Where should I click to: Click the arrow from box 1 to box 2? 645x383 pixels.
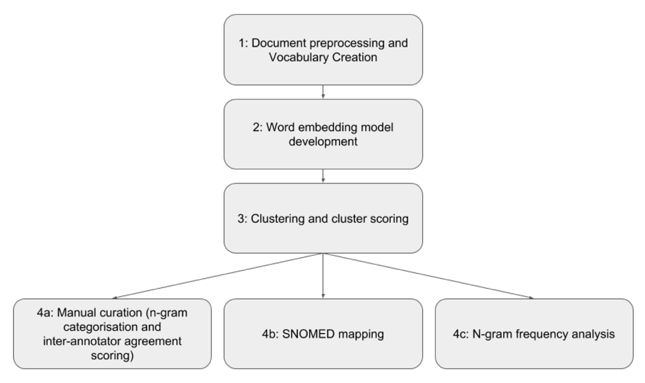pos(323,92)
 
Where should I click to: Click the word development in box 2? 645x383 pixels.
pos(323,141)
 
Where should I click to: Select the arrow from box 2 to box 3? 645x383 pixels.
pos(323,176)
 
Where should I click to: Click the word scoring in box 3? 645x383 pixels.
pos(389,219)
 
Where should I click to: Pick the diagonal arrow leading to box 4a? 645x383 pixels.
pos(217,276)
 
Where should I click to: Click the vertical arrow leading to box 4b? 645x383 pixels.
pos(323,276)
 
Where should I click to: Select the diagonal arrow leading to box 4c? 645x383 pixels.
pos(429,276)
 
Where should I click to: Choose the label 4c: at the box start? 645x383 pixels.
pos(461,334)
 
